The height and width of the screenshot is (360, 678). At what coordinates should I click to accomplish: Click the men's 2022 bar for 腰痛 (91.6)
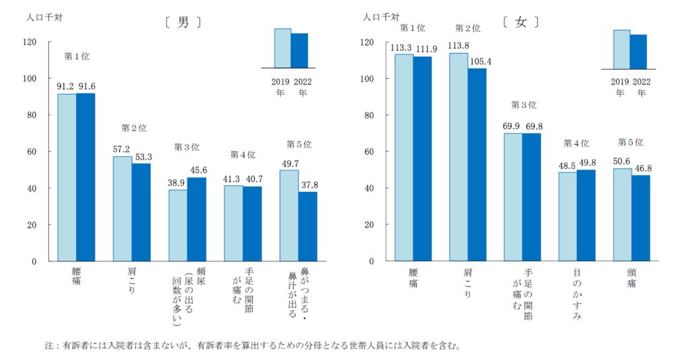click(x=85, y=177)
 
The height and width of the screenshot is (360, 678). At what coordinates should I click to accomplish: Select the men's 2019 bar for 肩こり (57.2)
click(x=122, y=208)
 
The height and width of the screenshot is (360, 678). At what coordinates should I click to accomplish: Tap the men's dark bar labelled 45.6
click(x=196, y=219)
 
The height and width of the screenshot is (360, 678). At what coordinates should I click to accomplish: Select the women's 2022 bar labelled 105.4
click(x=477, y=165)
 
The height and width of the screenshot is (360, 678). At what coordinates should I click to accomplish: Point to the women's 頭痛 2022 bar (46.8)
click(x=640, y=218)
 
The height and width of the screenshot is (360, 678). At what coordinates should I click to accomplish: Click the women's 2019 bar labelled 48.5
click(x=567, y=216)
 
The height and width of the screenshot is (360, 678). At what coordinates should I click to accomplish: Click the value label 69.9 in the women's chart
click(x=512, y=126)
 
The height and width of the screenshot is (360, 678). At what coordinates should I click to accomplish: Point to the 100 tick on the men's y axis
click(x=30, y=79)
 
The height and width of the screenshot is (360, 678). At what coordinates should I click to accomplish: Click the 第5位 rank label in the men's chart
click(x=299, y=144)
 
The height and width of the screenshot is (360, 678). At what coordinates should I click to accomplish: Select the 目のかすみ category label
click(x=577, y=295)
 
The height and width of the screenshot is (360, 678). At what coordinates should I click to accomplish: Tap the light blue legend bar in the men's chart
click(x=283, y=48)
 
